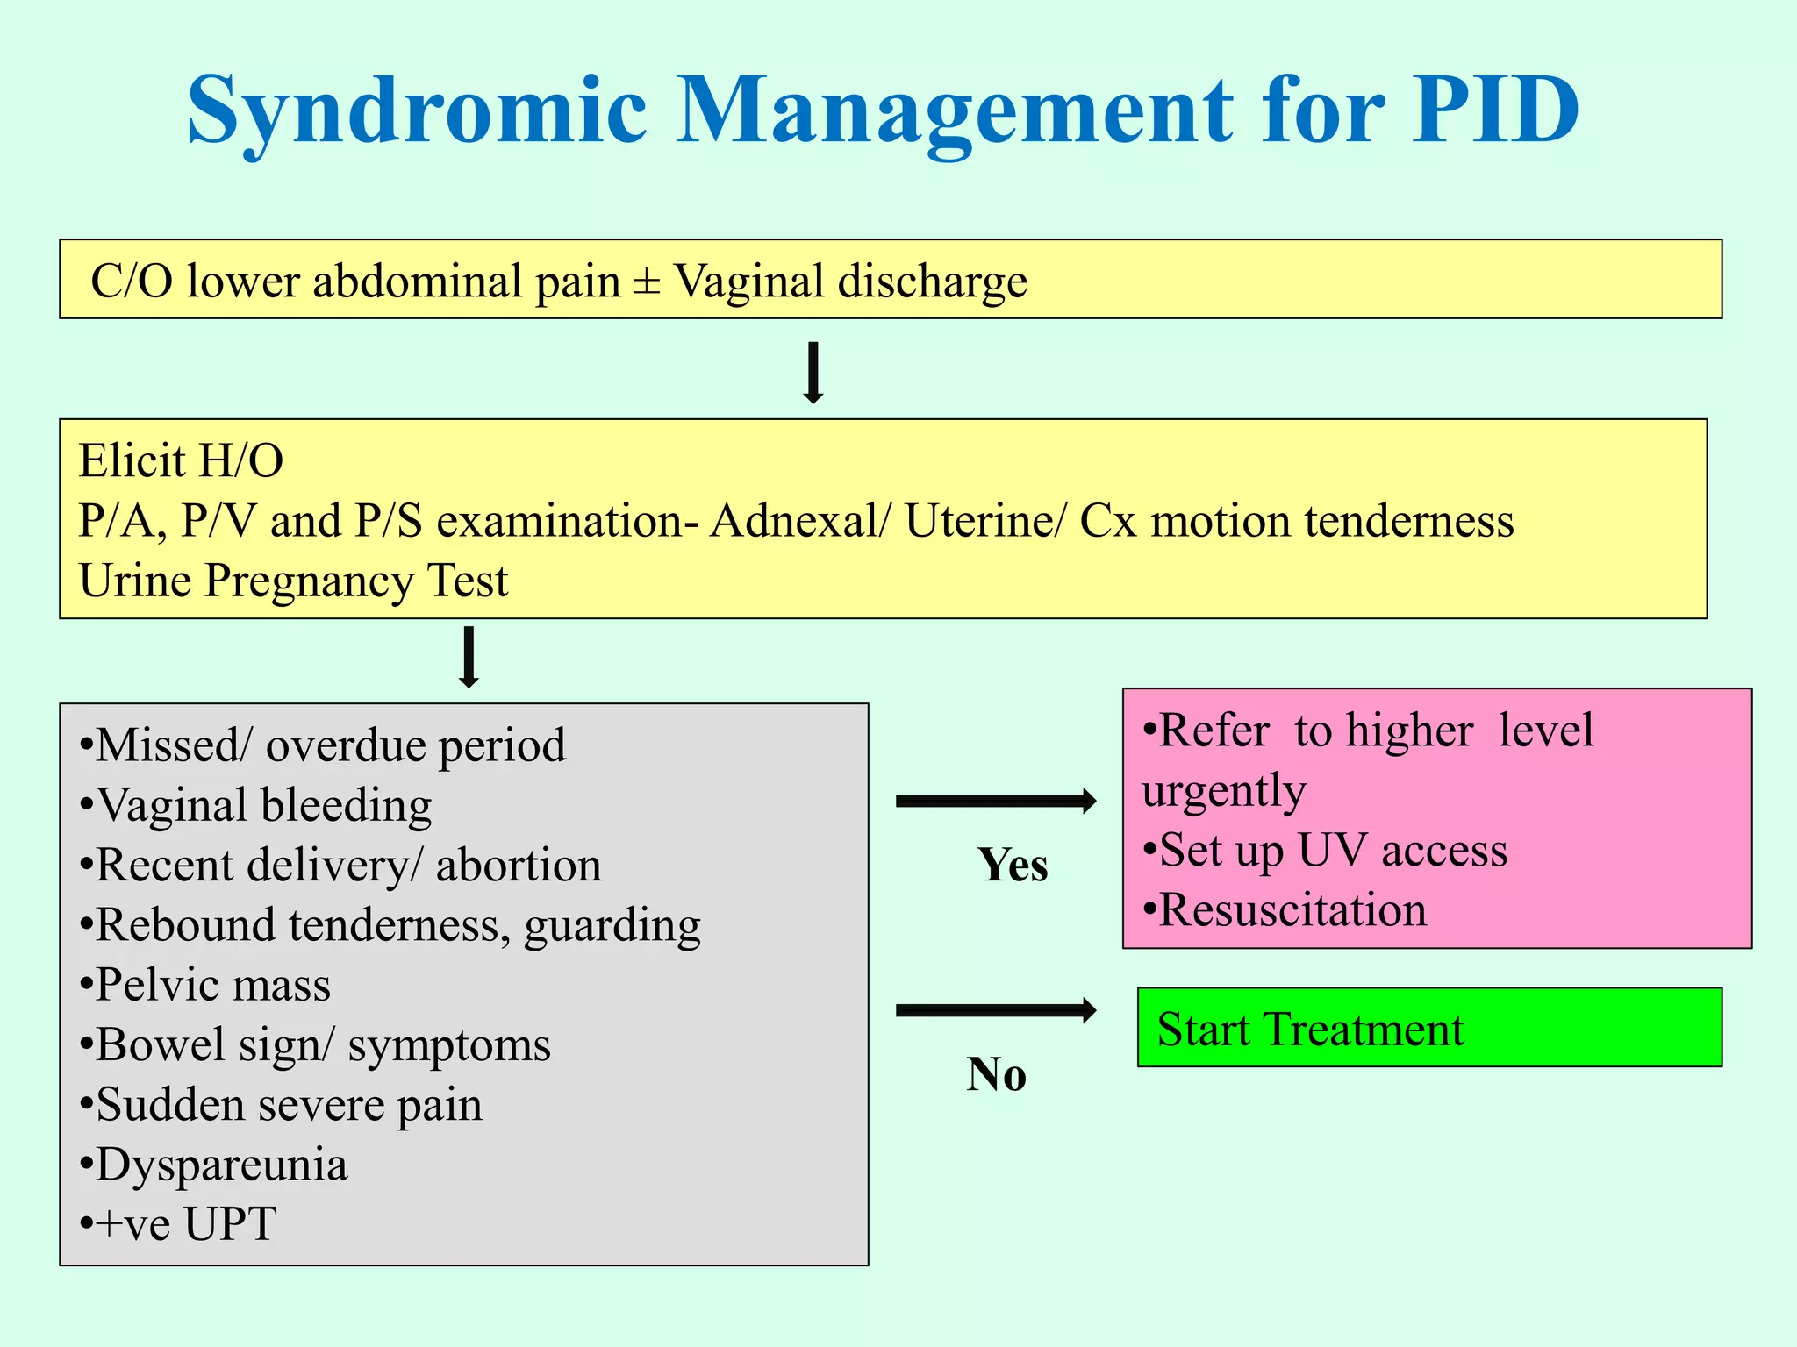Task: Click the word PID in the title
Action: click(1495, 110)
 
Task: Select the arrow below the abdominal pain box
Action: click(813, 373)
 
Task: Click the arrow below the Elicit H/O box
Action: click(469, 657)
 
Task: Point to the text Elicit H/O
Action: click(181, 461)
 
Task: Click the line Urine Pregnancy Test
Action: click(293, 581)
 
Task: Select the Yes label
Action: click(1013, 866)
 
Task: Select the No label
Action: click(996, 1074)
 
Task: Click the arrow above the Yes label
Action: click(996, 801)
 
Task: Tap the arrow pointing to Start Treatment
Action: click(996, 1010)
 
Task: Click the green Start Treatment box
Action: click(1428, 1028)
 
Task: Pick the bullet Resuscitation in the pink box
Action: click(1285, 910)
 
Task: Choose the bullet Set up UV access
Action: click(1325, 851)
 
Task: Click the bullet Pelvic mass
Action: click(206, 985)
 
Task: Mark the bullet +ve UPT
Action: click(180, 1224)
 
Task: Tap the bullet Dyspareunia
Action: click(215, 1165)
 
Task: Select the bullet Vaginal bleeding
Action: click(256, 806)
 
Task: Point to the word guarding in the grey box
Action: click(612, 926)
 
